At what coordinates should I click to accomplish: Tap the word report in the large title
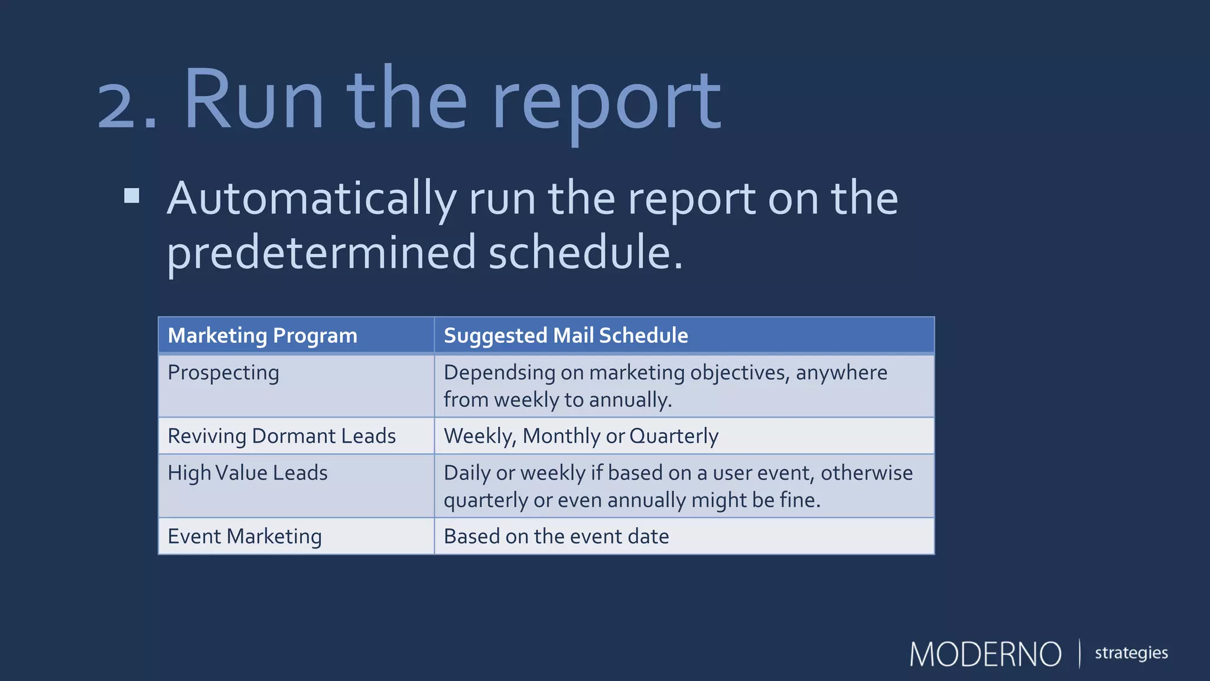coord(606,103)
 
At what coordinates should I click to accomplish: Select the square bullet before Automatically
coord(132,196)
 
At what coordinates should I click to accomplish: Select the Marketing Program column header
coord(262,336)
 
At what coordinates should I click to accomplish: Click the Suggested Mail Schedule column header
coord(565,336)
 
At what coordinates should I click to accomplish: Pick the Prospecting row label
coord(223,373)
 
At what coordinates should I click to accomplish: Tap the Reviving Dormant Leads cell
coord(282,436)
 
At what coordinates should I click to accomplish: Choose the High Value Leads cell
coord(248,473)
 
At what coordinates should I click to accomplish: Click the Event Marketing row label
coord(245,537)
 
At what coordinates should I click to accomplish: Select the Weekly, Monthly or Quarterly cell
coord(581,436)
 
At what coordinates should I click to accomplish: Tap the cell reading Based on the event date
coord(556,537)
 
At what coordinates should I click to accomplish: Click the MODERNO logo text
coord(985,654)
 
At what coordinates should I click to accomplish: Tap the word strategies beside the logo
coord(1131,653)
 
